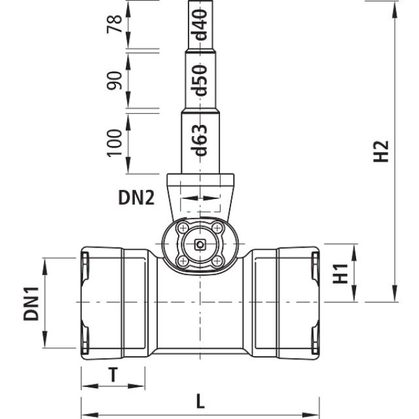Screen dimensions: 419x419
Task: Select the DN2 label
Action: pyautogui.click(x=136, y=197)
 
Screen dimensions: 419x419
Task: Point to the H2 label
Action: pyautogui.click(x=384, y=152)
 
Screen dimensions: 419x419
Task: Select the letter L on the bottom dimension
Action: pyautogui.click(x=201, y=401)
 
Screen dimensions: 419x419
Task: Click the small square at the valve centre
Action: pyautogui.click(x=200, y=246)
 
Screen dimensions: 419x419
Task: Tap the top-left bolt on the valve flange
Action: pyautogui.click(x=183, y=230)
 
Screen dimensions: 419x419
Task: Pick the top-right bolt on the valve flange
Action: pyautogui.click(x=215, y=230)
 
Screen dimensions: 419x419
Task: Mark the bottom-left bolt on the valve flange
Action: pyautogui.click(x=183, y=261)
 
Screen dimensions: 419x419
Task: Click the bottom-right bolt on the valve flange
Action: pyautogui.click(x=215, y=261)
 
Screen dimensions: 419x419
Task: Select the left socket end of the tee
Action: pyautogui.click(x=102, y=302)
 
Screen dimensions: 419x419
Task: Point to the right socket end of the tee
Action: pyautogui.click(x=297, y=302)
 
